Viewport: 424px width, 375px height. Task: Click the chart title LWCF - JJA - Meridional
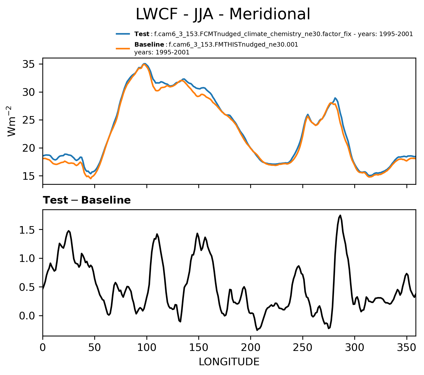(x=223, y=14)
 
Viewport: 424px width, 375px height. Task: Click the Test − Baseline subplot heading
(x=87, y=201)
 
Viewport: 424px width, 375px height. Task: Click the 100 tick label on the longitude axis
(x=147, y=348)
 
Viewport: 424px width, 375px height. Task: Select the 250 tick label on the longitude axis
(x=303, y=348)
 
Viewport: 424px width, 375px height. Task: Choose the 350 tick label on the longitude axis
(x=406, y=348)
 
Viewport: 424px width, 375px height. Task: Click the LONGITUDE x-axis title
(x=229, y=362)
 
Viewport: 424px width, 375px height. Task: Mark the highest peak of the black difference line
(x=340, y=215)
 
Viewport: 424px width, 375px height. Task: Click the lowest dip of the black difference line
(x=257, y=330)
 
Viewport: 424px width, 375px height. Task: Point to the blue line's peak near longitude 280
(x=335, y=98)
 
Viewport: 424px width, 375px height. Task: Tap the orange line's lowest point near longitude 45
(x=91, y=178)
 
